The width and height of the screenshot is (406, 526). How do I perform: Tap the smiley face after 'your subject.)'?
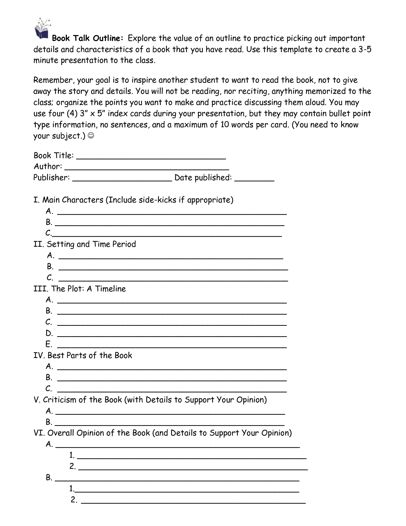click(x=91, y=136)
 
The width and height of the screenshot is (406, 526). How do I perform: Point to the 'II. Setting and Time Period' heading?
click(x=85, y=244)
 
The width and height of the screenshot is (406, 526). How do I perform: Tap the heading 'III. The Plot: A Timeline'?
click(x=80, y=289)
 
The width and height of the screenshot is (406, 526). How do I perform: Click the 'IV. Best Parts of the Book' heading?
click(x=83, y=355)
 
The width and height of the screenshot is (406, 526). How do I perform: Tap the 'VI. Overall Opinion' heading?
click(x=163, y=433)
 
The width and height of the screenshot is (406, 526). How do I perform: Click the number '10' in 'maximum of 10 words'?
click(x=224, y=125)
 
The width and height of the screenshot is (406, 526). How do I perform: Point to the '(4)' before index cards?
click(x=70, y=113)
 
